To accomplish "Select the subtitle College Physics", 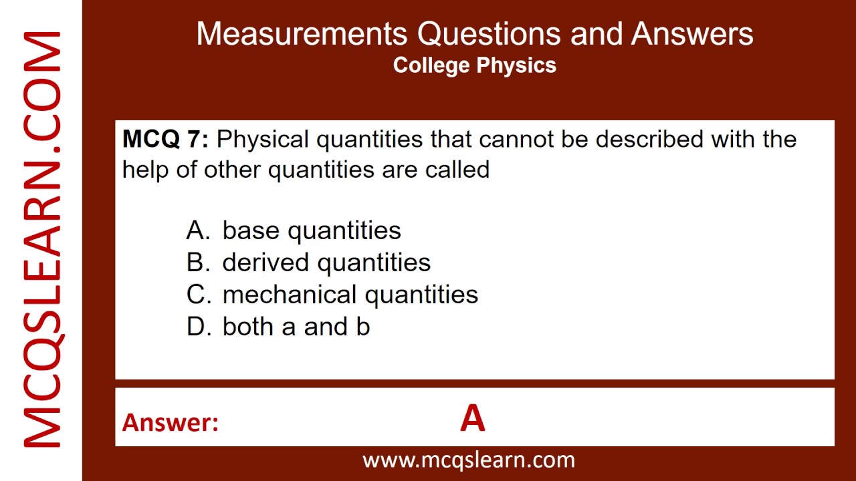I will [475, 65].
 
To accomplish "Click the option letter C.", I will [197, 295].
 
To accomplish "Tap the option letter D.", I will [197, 327].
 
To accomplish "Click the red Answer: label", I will [171, 422].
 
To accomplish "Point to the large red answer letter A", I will [472, 419].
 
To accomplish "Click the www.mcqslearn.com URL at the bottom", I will [468, 460].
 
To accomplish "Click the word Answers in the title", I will [692, 33].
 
